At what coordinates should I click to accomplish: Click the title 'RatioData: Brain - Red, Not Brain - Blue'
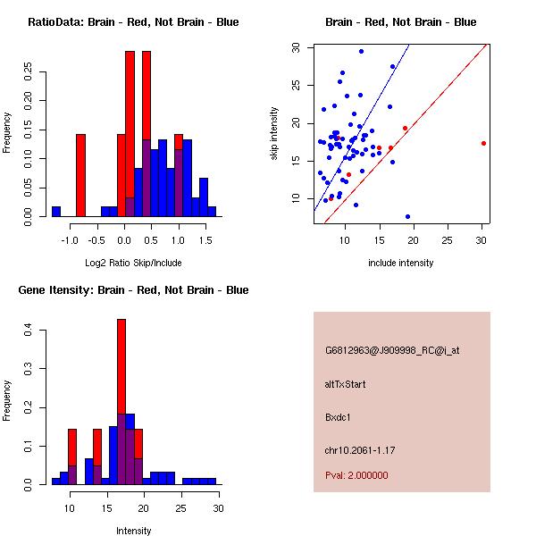click(x=132, y=22)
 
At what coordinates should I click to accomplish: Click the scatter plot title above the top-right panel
click(x=400, y=22)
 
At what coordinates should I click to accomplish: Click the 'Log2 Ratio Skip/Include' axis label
click(x=132, y=263)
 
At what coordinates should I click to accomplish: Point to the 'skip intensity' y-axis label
click(x=275, y=134)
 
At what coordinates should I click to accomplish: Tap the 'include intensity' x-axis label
click(x=400, y=263)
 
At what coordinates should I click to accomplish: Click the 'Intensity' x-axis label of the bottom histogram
click(x=134, y=531)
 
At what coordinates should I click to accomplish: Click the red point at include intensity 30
click(x=483, y=143)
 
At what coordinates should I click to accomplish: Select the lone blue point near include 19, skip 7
click(x=407, y=216)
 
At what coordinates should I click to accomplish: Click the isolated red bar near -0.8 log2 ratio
click(x=80, y=175)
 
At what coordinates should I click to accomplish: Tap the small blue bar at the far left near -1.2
click(x=56, y=212)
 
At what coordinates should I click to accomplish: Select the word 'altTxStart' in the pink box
click(x=346, y=384)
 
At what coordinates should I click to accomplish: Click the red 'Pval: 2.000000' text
click(x=356, y=475)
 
